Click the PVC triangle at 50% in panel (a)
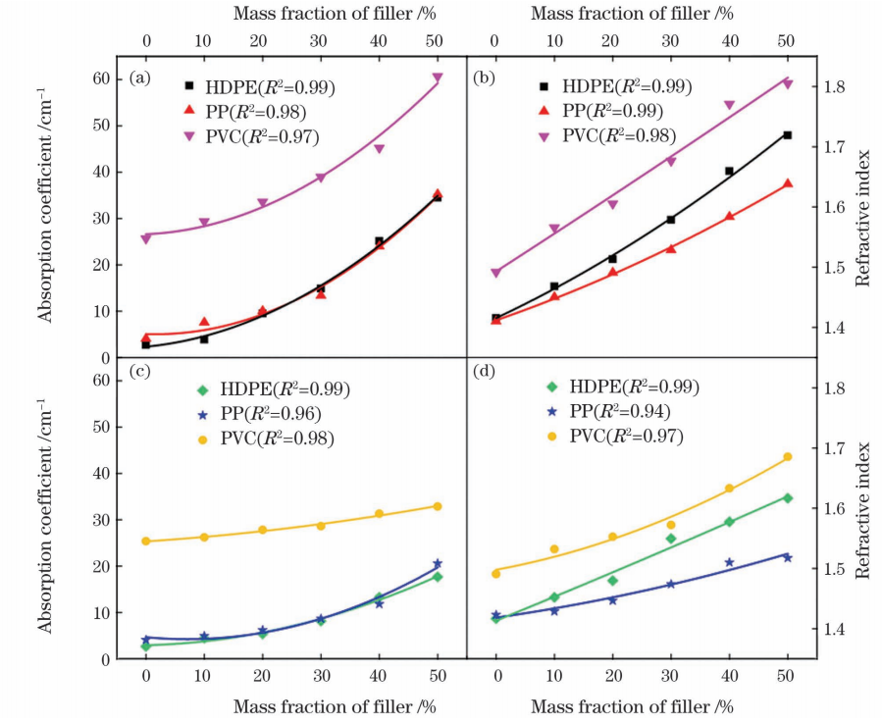point(438,78)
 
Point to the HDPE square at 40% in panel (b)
point(729,171)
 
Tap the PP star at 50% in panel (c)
point(438,564)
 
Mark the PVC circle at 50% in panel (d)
point(787,457)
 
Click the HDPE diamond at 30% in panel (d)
point(671,539)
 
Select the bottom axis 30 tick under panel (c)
point(321,678)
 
